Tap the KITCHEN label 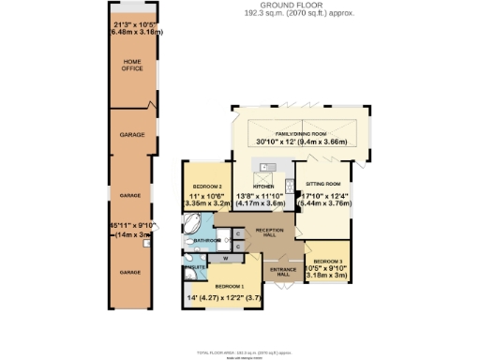pos(262,187)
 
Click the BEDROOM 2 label pos(206,187)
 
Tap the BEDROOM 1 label pos(230,286)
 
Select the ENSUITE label pos(195,267)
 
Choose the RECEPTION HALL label pos(270,232)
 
